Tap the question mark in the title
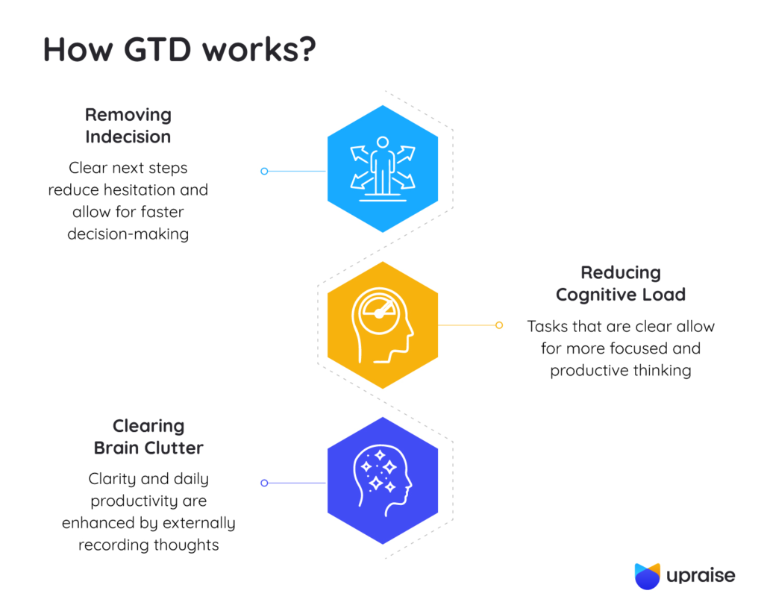click(306, 49)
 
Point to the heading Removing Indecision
click(128, 125)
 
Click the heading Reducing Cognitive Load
click(621, 283)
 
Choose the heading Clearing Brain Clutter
click(148, 437)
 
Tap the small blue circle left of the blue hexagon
click(264, 171)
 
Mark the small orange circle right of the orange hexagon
click(499, 325)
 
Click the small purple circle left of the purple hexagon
click(264, 483)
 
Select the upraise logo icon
click(647, 576)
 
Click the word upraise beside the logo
click(701, 576)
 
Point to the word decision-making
click(128, 234)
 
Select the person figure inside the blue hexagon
click(382, 163)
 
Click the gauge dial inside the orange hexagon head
click(380, 313)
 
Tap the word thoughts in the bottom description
click(186, 545)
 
